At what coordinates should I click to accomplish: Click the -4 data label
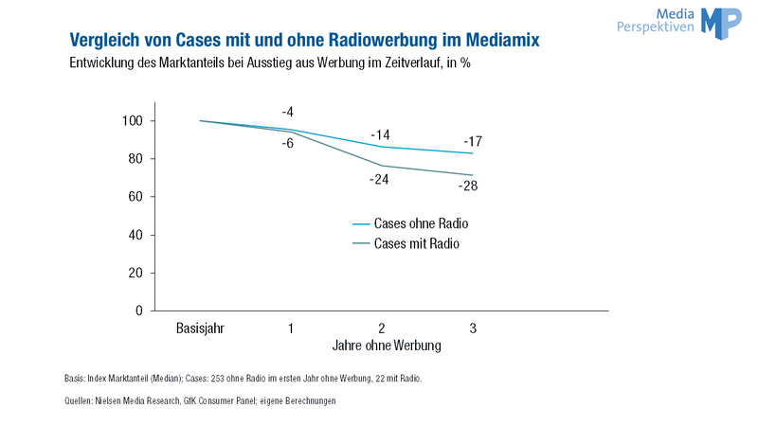[288, 112]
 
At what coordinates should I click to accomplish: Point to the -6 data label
[288, 143]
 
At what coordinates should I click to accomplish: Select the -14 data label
[380, 134]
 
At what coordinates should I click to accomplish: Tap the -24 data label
[379, 180]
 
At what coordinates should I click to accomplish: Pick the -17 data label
[473, 141]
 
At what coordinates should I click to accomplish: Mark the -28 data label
[468, 186]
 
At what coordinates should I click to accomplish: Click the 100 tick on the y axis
[133, 121]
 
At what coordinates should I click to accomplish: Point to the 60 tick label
[135, 197]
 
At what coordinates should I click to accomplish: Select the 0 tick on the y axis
[139, 311]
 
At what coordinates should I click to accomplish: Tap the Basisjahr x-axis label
[200, 328]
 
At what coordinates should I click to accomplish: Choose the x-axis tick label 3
[473, 328]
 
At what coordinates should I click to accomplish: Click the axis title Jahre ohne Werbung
[387, 346]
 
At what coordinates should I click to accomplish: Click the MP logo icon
[721, 23]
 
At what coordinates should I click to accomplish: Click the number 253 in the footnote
[218, 378]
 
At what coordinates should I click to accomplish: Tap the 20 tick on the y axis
[135, 273]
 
